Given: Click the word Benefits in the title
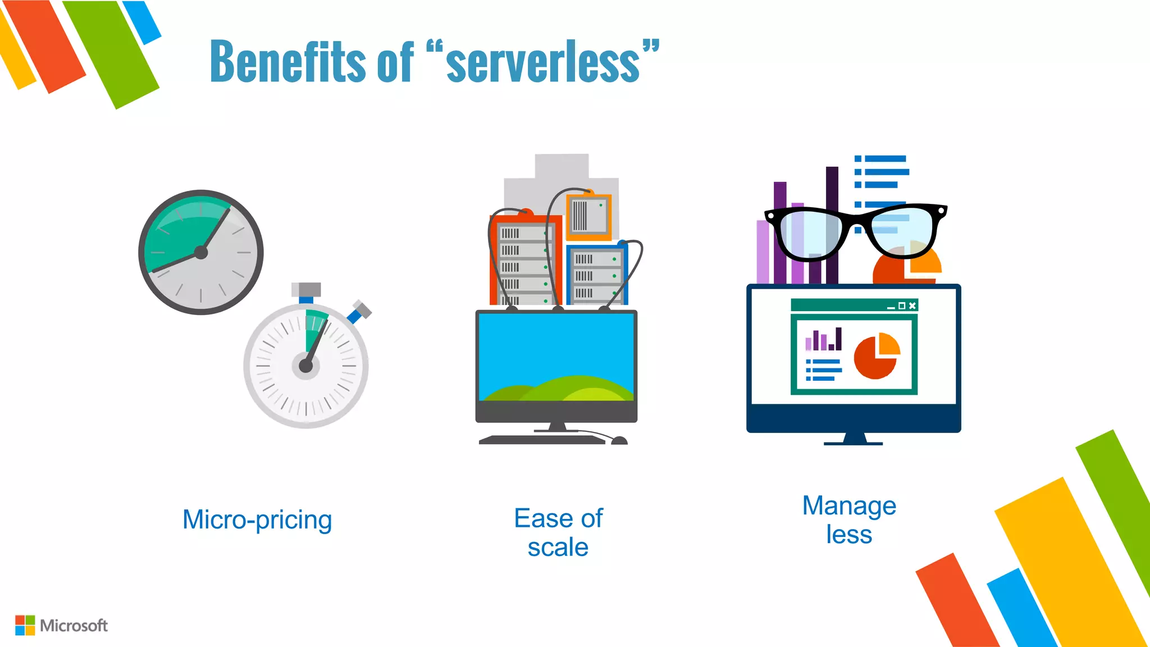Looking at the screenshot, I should point(287,62).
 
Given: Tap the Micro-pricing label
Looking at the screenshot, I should point(257,520).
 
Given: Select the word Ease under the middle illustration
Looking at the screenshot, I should point(541,518).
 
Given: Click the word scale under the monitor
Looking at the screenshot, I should point(558,547).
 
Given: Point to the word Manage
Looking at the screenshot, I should point(849,506).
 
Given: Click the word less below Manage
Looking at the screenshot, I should point(849,534).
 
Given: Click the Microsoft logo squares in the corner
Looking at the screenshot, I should point(25,625).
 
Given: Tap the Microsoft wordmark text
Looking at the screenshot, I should point(74,626).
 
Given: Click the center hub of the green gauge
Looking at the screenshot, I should point(201,253).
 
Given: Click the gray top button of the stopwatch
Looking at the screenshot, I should point(306,289).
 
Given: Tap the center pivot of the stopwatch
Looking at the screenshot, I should point(306,366).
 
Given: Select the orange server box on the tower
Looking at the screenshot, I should point(588,216).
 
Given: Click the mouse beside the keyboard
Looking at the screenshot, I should point(619,441).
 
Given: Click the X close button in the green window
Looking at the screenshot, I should point(912,306).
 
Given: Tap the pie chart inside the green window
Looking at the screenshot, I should point(876,356).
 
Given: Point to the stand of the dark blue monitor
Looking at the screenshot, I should point(854,439).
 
